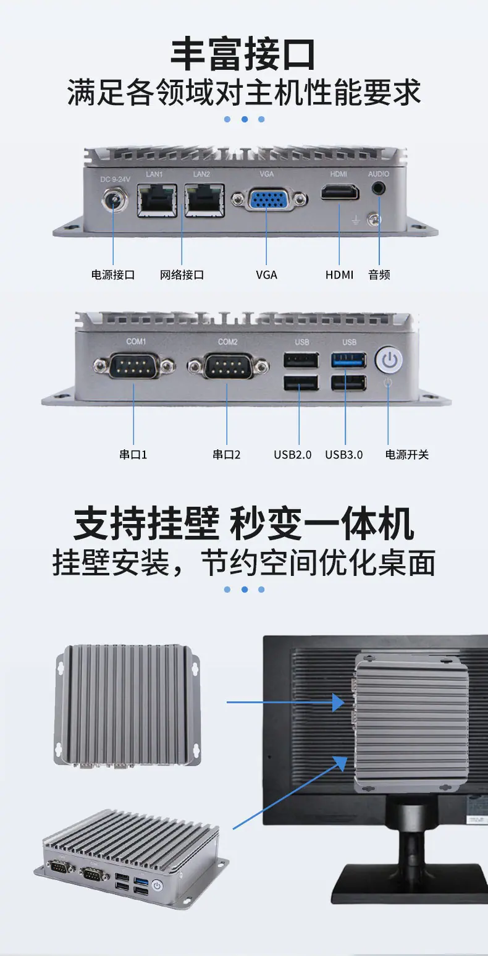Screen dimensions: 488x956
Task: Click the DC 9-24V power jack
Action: pos(115,200)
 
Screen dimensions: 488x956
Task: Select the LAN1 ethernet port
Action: pos(157,200)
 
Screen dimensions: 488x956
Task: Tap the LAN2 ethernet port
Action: pos(204,200)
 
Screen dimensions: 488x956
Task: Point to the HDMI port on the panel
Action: pos(340,192)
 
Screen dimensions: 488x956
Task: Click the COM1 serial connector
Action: pos(134,365)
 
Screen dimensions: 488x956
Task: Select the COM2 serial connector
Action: pos(228,366)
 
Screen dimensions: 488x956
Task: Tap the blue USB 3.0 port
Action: pos(348,360)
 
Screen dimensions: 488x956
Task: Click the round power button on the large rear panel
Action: pos(389,360)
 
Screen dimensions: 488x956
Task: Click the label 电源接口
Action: pos(113,275)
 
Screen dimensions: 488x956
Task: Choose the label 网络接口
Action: pos(182,275)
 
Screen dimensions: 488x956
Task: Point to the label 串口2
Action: pos(227,455)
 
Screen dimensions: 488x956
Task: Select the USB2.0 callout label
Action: pos(293,455)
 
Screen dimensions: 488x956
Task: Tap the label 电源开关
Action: pos(407,455)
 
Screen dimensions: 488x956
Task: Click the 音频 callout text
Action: pos(379,275)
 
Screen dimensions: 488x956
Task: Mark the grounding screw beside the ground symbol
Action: pos(374,220)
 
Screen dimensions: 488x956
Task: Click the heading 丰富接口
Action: pos(243,54)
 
